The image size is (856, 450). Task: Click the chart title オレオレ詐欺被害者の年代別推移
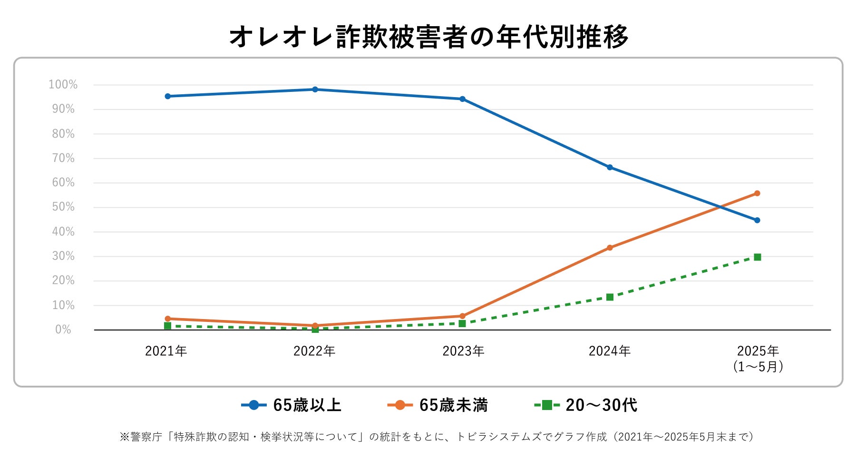pos(428,37)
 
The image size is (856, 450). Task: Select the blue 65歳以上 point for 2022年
pos(315,90)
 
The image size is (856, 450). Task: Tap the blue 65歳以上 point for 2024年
pos(610,168)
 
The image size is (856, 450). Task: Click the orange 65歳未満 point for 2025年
pos(757,193)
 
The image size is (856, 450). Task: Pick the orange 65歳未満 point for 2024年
pos(610,248)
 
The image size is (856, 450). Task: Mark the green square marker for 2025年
pos(758,257)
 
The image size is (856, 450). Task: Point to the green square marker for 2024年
pos(610,297)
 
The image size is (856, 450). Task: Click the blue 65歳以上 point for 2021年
pos(167,96)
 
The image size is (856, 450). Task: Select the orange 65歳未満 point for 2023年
pos(462,316)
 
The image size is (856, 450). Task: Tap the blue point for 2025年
pos(757,220)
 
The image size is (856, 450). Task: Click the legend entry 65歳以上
pos(307,405)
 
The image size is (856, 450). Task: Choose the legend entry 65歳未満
pos(453,405)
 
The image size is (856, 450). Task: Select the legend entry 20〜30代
pos(601,405)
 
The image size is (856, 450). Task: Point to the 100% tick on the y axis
pos(63,85)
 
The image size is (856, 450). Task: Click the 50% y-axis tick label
pos(63,207)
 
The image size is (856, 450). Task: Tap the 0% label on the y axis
pos(63,330)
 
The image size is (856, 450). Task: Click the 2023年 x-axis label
pos(463,351)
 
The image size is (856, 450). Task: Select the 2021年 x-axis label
pos(166,351)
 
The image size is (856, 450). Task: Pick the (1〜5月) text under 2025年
pos(758,367)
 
